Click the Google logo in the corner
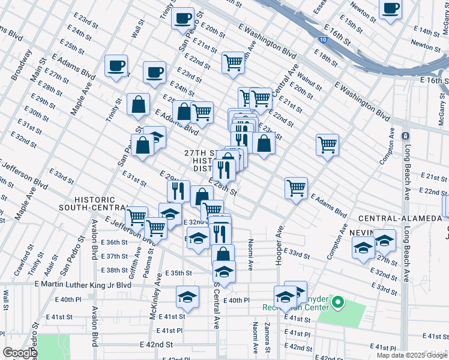tap(20, 353)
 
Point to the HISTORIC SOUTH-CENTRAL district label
tap(94, 203)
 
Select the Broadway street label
tap(22, 65)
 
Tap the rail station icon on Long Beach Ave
tap(405, 137)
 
